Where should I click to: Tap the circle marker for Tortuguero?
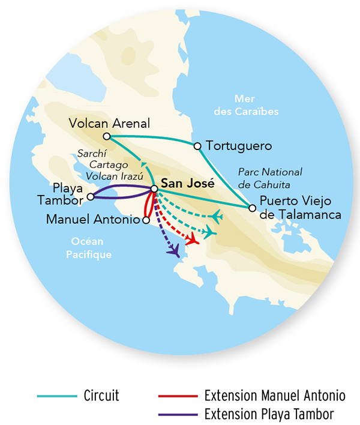click(197, 146)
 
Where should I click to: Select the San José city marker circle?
click(154, 188)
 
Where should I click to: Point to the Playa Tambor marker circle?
click(90, 196)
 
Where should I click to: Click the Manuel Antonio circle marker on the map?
click(145, 220)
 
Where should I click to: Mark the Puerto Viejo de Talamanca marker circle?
click(252, 208)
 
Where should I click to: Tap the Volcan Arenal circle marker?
click(106, 136)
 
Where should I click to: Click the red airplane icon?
click(192, 239)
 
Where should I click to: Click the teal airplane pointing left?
click(217, 215)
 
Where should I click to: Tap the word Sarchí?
click(93, 152)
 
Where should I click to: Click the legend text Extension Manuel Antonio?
click(274, 396)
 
